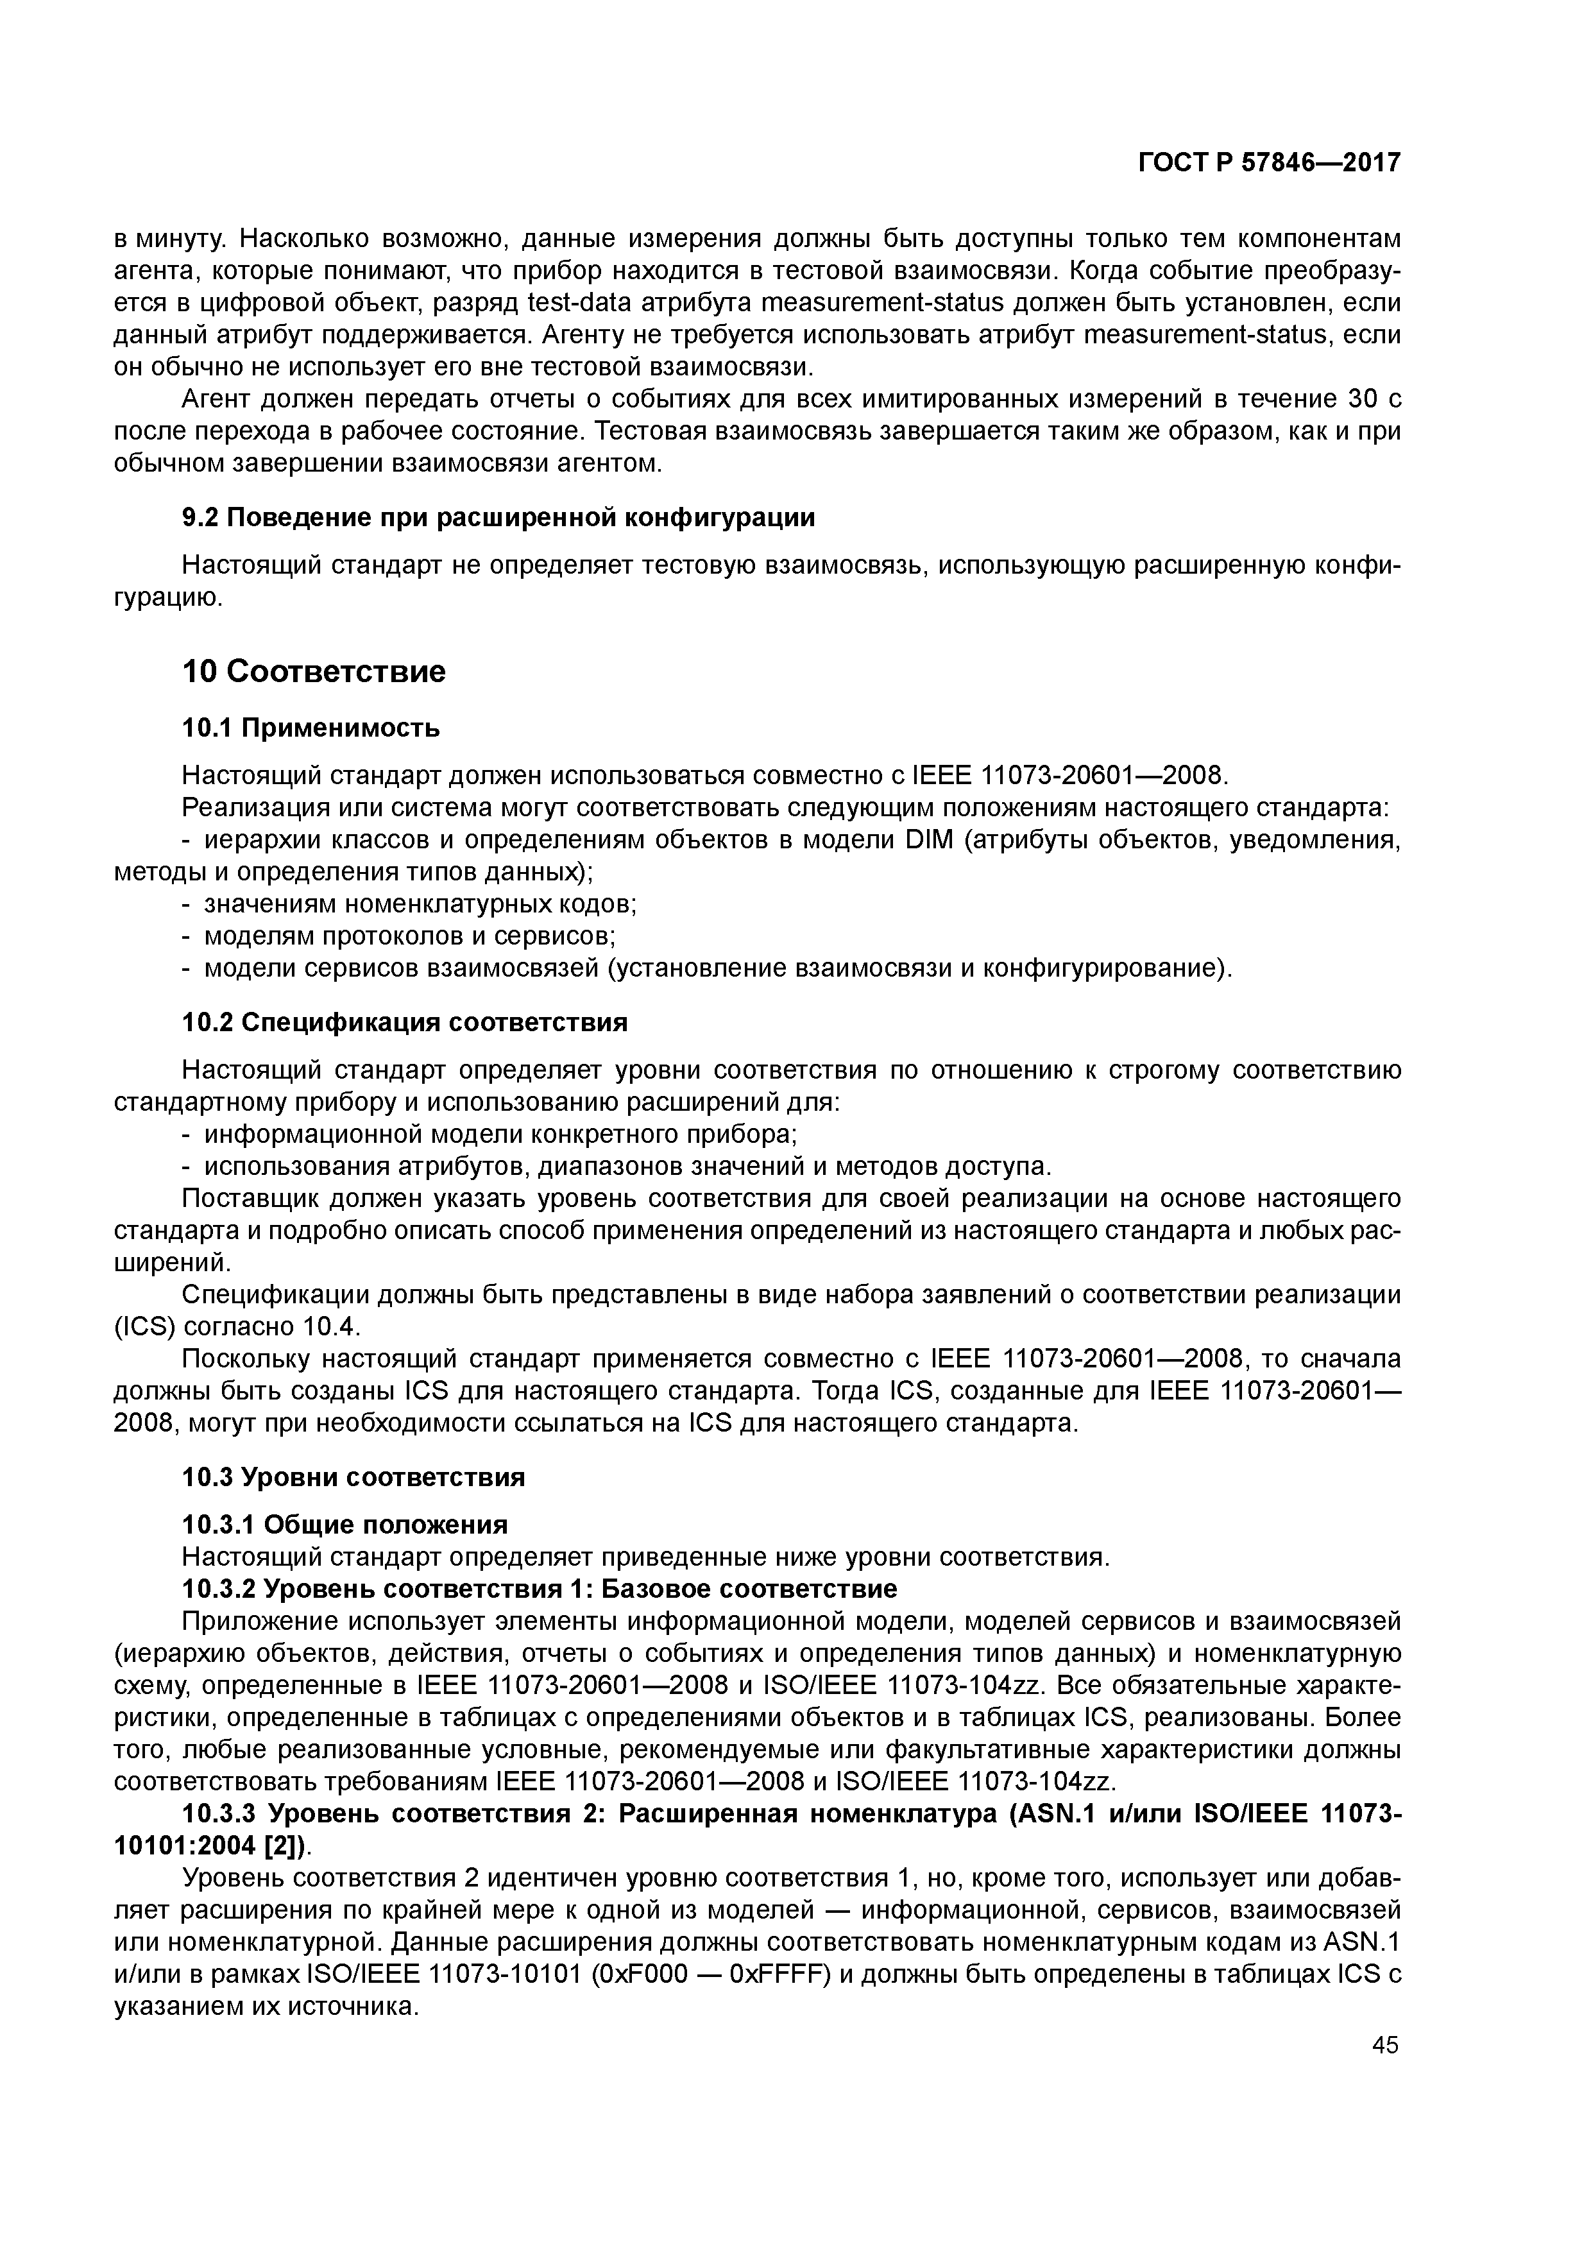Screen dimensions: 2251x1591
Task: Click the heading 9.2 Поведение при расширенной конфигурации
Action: coord(499,518)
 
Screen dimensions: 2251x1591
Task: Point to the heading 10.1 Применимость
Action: coord(311,728)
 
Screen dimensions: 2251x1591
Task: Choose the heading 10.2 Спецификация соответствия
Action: coord(405,1023)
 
